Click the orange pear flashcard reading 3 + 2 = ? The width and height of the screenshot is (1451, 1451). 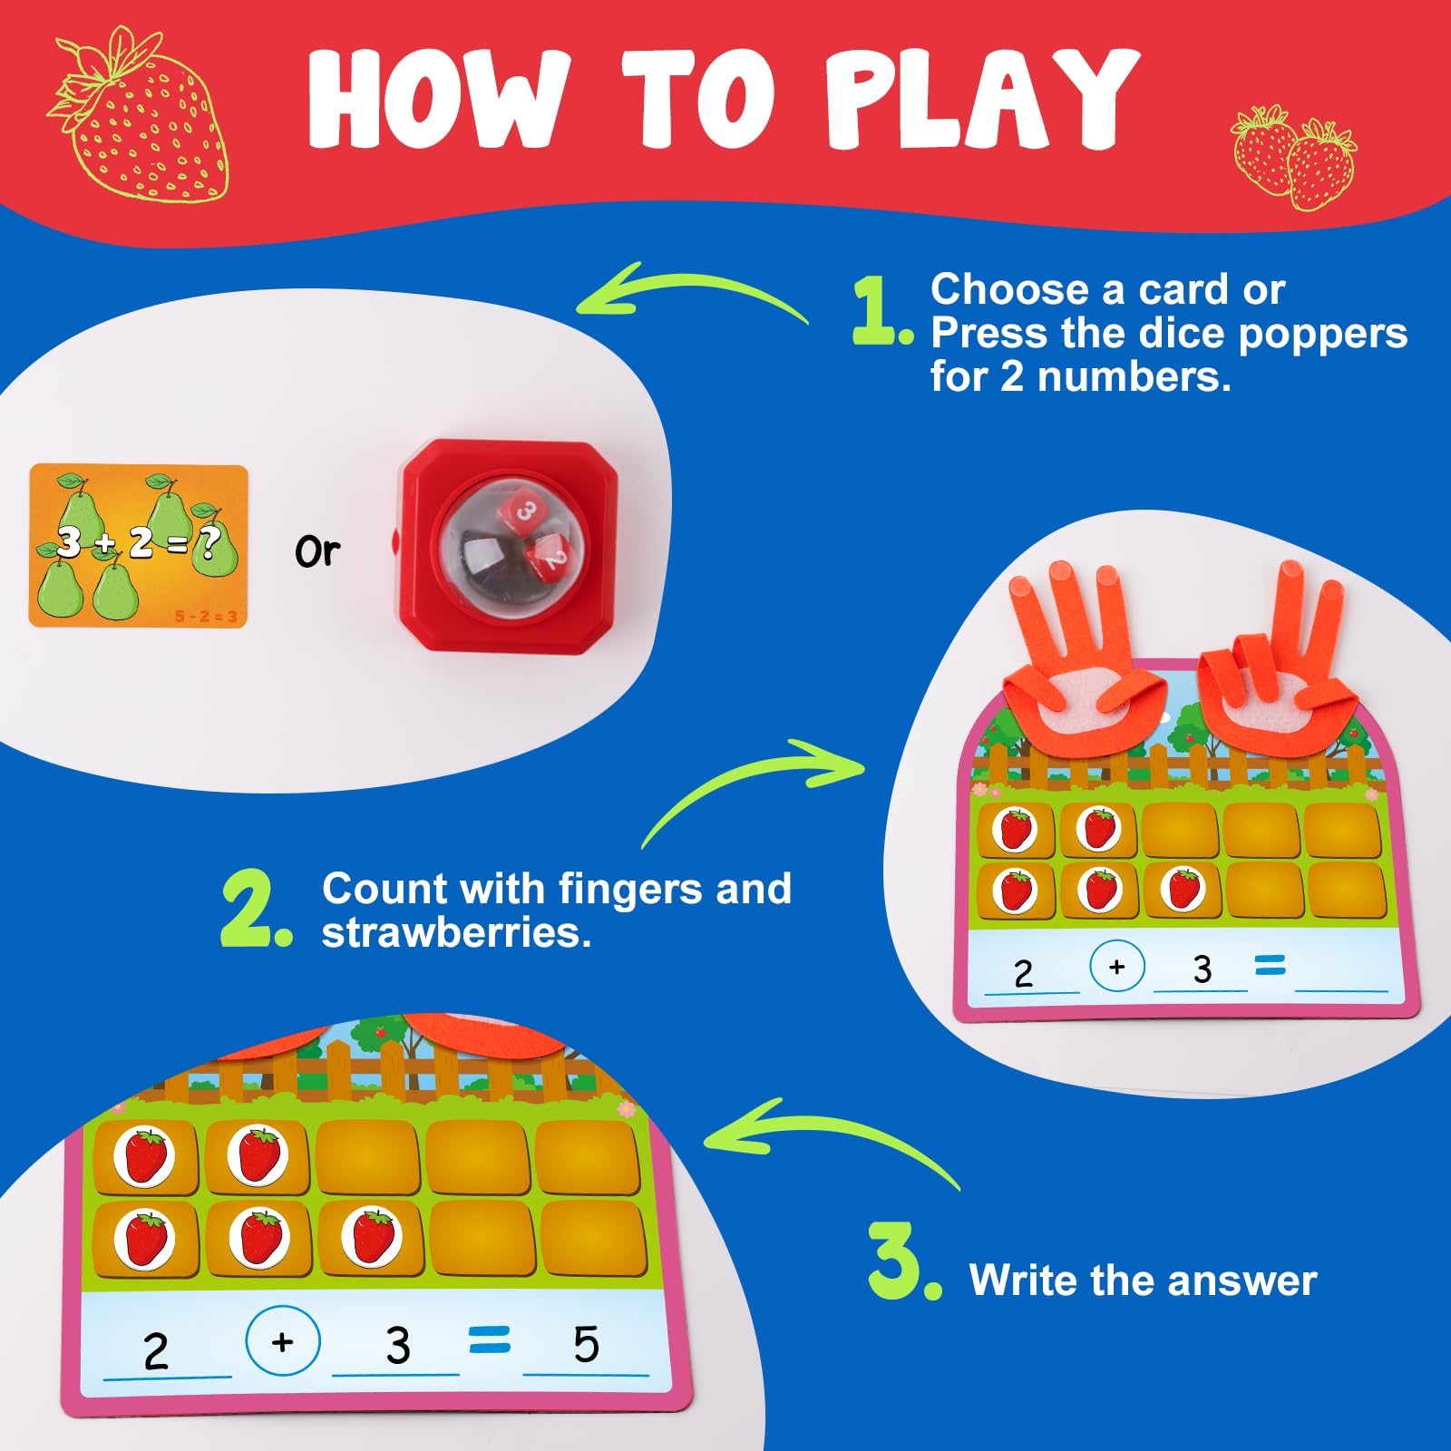point(138,546)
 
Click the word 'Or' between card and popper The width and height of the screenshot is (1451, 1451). point(317,551)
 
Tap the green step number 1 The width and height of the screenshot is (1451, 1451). point(881,311)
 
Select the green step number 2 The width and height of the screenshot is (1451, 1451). point(257,909)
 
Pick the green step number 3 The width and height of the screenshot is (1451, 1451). point(904,1261)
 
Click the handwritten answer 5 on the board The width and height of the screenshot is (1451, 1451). point(586,1344)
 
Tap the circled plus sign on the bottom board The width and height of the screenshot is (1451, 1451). point(282,1340)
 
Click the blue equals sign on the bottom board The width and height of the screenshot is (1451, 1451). point(490,1339)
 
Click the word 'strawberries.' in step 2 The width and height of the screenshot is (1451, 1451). point(457,932)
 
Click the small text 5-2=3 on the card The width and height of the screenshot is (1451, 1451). point(206,617)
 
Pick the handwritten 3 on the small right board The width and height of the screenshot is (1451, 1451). point(1203,969)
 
